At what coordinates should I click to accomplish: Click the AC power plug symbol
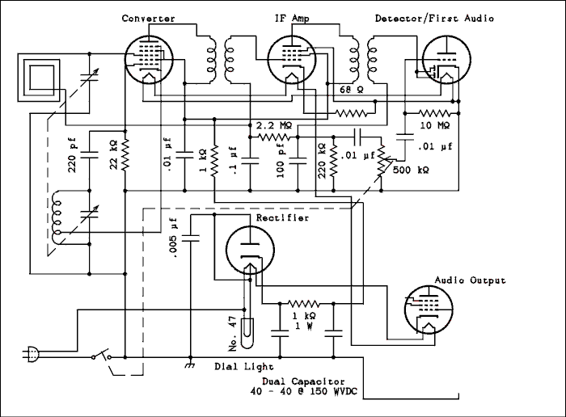click(x=32, y=353)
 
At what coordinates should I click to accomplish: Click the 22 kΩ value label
click(x=114, y=156)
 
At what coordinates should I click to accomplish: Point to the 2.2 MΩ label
click(x=275, y=126)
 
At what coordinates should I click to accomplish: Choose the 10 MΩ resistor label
click(x=435, y=126)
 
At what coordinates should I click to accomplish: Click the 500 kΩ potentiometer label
click(x=411, y=171)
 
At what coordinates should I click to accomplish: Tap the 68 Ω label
click(x=350, y=89)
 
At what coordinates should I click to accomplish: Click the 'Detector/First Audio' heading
click(x=434, y=18)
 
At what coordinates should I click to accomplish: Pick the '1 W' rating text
click(x=304, y=326)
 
